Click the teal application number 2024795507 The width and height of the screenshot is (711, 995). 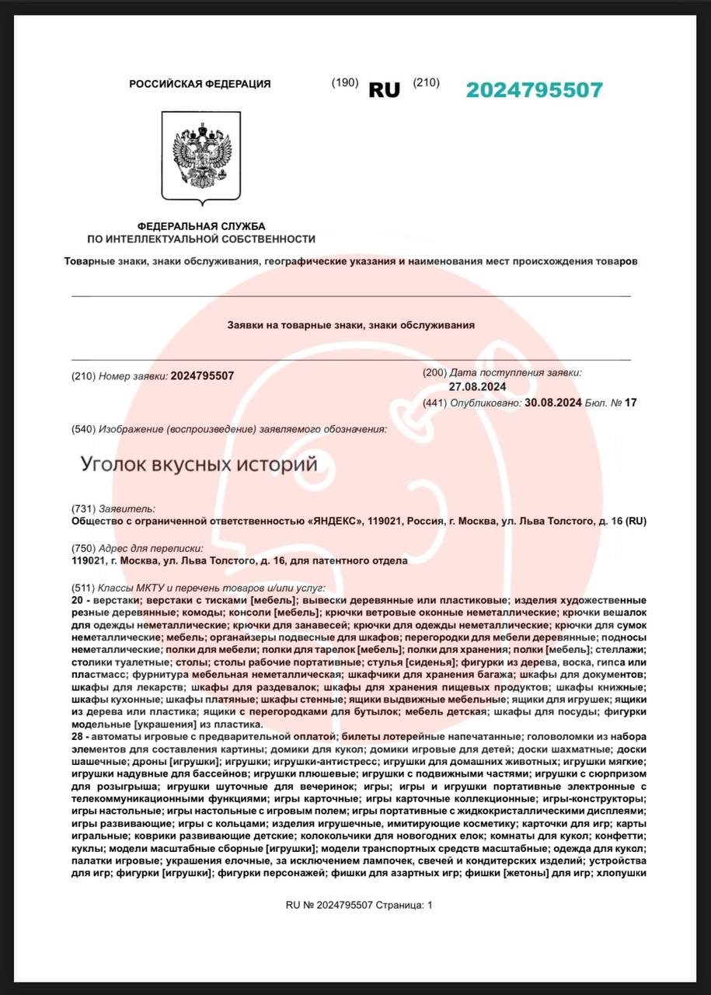click(534, 90)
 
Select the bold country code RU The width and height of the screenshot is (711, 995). click(384, 90)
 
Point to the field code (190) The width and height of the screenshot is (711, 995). click(344, 82)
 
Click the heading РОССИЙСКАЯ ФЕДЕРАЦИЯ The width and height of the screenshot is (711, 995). click(200, 84)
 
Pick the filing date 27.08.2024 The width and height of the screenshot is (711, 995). click(477, 386)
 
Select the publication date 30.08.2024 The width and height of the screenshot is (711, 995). click(553, 403)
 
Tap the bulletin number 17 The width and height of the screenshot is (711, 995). click(630, 403)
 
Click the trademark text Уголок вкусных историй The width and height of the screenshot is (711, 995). click(199, 465)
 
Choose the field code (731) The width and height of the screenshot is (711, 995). click(82, 508)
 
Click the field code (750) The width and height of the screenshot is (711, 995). click(82, 548)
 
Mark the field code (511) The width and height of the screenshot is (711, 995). click(82, 588)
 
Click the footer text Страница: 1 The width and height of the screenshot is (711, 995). click(404, 905)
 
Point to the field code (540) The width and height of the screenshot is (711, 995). click(82, 429)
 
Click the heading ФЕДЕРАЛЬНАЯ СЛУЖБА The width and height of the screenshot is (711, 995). click(201, 225)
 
